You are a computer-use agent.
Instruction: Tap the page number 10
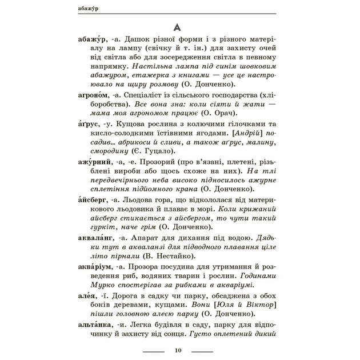[179, 350]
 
